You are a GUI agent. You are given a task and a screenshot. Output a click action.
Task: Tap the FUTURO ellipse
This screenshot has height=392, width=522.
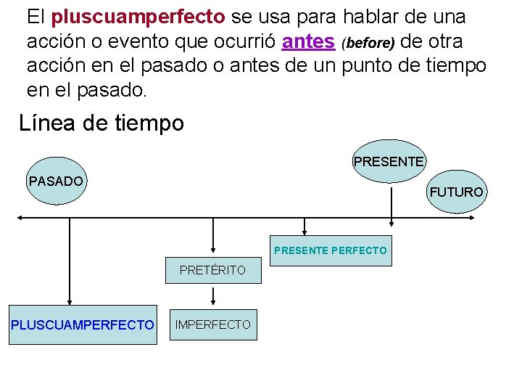coord(456,192)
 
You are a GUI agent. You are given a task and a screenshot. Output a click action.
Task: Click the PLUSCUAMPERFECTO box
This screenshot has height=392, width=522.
coord(83,324)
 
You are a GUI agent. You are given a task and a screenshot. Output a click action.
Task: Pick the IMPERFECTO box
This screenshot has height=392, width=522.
coord(213,324)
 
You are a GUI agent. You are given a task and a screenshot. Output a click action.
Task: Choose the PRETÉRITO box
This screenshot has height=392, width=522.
coord(212,270)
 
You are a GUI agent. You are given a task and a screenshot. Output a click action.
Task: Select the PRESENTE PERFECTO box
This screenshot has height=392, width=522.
coord(331,250)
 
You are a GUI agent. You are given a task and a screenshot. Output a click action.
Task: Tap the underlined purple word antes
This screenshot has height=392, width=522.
coord(307,41)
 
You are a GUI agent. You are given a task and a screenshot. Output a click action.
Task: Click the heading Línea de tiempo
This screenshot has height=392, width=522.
coord(101,123)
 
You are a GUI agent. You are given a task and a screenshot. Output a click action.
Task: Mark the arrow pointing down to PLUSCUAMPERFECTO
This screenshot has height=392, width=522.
coord(70,261)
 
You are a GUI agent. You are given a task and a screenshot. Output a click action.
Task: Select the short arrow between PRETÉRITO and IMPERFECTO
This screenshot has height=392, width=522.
coord(212,294)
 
